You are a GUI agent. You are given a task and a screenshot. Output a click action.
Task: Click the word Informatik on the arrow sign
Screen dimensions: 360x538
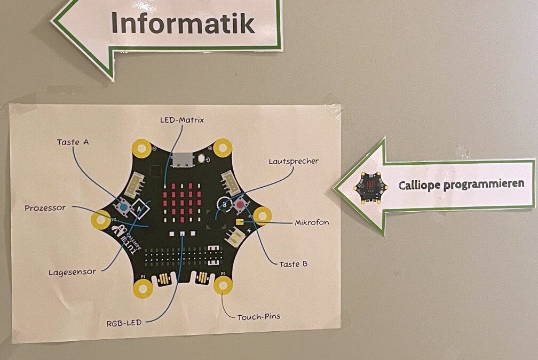(x=182, y=23)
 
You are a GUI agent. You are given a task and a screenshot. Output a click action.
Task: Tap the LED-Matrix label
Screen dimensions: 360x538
(x=181, y=120)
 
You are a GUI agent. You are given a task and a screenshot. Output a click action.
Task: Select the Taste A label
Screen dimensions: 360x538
(x=73, y=142)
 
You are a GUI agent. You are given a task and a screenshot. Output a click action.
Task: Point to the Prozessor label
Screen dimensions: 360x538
(x=45, y=208)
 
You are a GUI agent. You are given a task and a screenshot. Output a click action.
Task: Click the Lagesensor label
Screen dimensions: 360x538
(x=72, y=271)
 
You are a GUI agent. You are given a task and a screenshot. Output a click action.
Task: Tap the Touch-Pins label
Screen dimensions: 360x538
(x=259, y=316)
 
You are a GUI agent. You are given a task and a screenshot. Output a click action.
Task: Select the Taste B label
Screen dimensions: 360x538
(x=293, y=263)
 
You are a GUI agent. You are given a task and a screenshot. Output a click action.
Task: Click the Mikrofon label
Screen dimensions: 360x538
(x=312, y=222)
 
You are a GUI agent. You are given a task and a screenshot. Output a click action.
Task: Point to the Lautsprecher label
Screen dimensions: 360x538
(x=294, y=161)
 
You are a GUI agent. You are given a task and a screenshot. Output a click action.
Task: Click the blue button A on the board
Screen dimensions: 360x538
(x=123, y=206)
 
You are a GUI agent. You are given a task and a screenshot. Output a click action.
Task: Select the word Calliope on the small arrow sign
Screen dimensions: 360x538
(x=416, y=184)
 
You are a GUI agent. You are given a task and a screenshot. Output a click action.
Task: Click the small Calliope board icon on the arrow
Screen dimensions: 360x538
(x=367, y=188)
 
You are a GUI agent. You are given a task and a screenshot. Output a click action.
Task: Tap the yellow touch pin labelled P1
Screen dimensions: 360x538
(x=142, y=289)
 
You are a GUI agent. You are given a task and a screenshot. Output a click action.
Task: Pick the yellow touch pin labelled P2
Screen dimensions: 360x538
(x=223, y=285)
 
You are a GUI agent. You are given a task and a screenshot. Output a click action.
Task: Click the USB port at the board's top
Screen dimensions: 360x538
(x=180, y=158)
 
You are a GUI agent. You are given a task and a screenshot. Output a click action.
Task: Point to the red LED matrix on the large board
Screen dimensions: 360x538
(x=182, y=205)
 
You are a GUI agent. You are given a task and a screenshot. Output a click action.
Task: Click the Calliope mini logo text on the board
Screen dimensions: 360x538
(x=123, y=239)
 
